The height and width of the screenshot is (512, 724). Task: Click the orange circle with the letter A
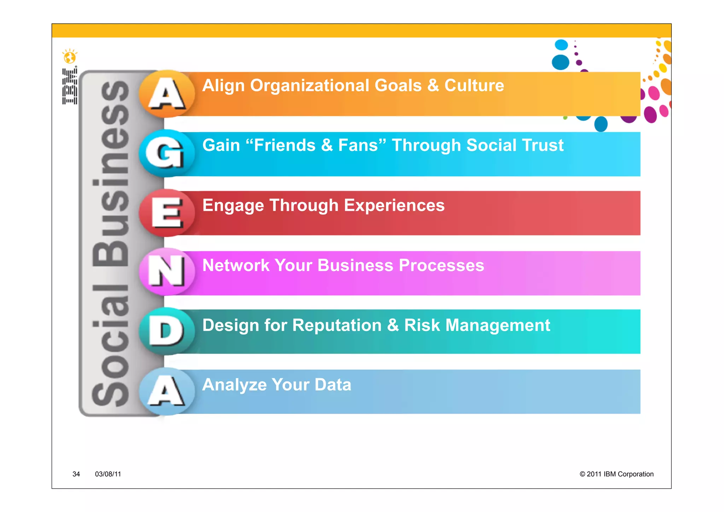pos(167,94)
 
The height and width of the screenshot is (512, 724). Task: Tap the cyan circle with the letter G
pos(167,153)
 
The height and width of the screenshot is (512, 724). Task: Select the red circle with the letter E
pos(167,213)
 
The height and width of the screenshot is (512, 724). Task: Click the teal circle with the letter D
pos(167,331)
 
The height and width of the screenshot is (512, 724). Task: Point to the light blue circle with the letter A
pos(167,391)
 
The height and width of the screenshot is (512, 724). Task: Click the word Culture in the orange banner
pos(474,86)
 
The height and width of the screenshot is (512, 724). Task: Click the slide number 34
pos(76,474)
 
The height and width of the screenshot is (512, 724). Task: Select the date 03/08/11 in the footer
pos(108,474)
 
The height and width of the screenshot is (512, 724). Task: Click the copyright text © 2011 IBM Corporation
pos(616,474)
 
